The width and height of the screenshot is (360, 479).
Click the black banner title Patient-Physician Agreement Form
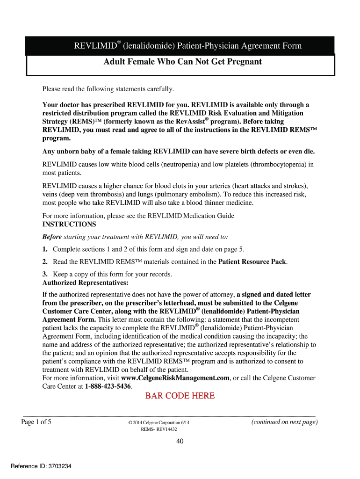click(187, 46)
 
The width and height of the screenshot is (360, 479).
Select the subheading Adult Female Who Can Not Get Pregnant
click(182, 62)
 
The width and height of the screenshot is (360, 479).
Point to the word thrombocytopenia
click(280, 164)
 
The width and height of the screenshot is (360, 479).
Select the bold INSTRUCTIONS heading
click(69, 225)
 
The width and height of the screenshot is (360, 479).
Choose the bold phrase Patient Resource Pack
click(252, 262)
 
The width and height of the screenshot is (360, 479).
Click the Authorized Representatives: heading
click(85, 283)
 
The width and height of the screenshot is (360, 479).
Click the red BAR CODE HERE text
click(180, 396)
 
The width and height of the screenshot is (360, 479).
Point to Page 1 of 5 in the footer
click(36, 422)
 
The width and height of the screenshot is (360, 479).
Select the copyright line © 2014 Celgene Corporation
click(159, 423)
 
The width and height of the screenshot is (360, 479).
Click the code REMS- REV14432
click(159, 430)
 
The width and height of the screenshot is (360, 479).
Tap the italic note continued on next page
click(284, 422)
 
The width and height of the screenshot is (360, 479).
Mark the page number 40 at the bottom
click(180, 442)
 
